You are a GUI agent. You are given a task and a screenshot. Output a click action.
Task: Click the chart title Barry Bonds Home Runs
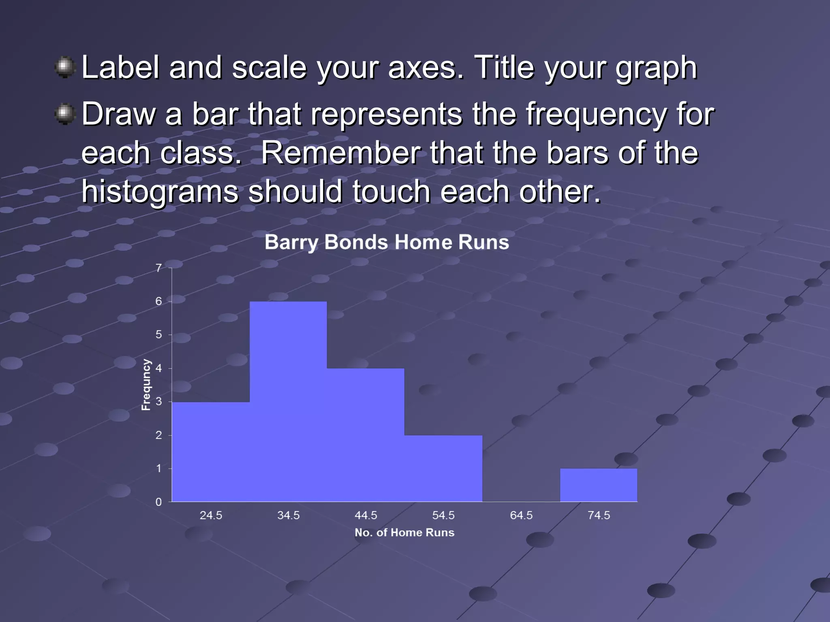[x=387, y=242]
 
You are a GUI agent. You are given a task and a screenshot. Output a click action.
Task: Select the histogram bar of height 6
[x=288, y=401]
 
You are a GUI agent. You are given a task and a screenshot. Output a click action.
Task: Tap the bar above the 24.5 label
[x=211, y=452]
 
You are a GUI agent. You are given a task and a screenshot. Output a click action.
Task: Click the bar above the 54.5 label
[x=443, y=468]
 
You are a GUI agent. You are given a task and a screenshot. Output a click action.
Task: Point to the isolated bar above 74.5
[x=599, y=485]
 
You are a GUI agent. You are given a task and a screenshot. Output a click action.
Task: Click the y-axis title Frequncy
[x=146, y=385]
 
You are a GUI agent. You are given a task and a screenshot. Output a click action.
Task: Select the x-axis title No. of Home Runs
[x=404, y=533]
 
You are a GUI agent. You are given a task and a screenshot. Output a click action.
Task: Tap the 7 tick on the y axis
[x=159, y=268]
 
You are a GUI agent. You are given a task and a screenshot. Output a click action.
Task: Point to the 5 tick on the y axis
[x=159, y=334]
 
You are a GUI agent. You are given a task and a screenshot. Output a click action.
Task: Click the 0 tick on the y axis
[x=159, y=502]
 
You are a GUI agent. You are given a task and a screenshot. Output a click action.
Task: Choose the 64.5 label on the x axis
[x=521, y=515]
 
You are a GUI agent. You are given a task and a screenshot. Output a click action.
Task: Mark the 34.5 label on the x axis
[x=288, y=515]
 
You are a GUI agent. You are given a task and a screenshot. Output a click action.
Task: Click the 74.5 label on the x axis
[x=599, y=515]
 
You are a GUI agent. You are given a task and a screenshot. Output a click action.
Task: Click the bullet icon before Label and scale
[x=64, y=67]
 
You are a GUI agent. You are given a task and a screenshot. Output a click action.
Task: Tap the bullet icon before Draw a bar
[x=64, y=114]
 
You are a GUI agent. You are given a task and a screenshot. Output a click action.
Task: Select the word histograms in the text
[x=160, y=191]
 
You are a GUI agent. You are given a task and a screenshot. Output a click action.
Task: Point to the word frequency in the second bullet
[x=596, y=115]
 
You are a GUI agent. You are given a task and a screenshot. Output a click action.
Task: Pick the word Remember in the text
[x=340, y=153]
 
